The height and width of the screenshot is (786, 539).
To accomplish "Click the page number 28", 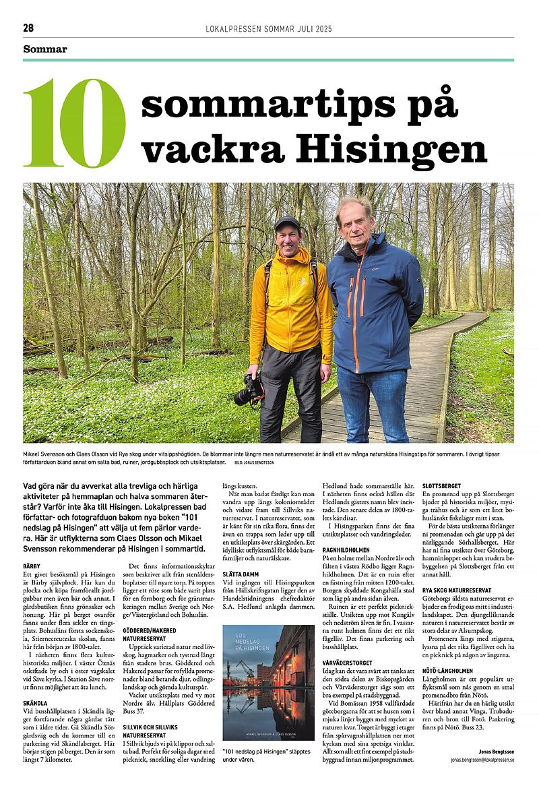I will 28,28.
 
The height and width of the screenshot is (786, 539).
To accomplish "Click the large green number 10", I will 74,123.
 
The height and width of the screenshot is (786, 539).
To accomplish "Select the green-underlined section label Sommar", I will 45,49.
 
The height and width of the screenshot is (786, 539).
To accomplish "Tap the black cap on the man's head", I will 288,223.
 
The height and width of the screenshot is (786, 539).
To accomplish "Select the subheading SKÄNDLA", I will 35,702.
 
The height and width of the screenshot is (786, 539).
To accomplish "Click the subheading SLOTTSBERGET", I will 441,485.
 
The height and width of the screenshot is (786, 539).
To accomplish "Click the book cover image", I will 268,682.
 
